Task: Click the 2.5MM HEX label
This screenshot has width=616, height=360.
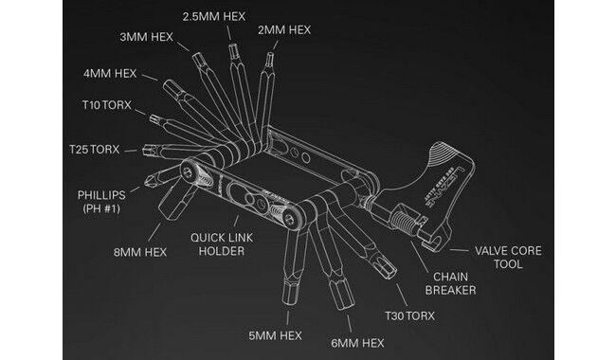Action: [x=214, y=16]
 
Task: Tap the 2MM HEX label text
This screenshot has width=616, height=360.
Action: [x=284, y=29]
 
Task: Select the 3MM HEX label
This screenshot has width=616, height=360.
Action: [x=147, y=37]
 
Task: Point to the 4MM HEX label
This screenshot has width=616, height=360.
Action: [x=110, y=73]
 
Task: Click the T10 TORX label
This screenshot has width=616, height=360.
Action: [x=106, y=105]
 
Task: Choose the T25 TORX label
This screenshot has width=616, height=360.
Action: [x=94, y=150]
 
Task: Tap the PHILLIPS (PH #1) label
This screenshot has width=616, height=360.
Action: [x=101, y=202]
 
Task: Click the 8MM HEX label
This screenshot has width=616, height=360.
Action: [x=140, y=252]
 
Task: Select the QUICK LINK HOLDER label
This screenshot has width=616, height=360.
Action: [x=222, y=244]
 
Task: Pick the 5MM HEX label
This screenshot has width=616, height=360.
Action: [x=276, y=335]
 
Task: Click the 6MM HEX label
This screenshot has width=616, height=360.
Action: [x=357, y=343]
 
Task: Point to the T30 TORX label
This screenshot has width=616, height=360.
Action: [x=409, y=315]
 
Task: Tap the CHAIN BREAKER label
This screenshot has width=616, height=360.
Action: [x=450, y=283]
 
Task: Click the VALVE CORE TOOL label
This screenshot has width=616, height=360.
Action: [x=508, y=257]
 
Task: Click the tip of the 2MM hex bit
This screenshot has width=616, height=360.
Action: [x=269, y=53]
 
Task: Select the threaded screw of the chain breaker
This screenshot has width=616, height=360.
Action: [x=404, y=222]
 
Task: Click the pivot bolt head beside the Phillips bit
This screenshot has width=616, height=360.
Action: [x=190, y=171]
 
